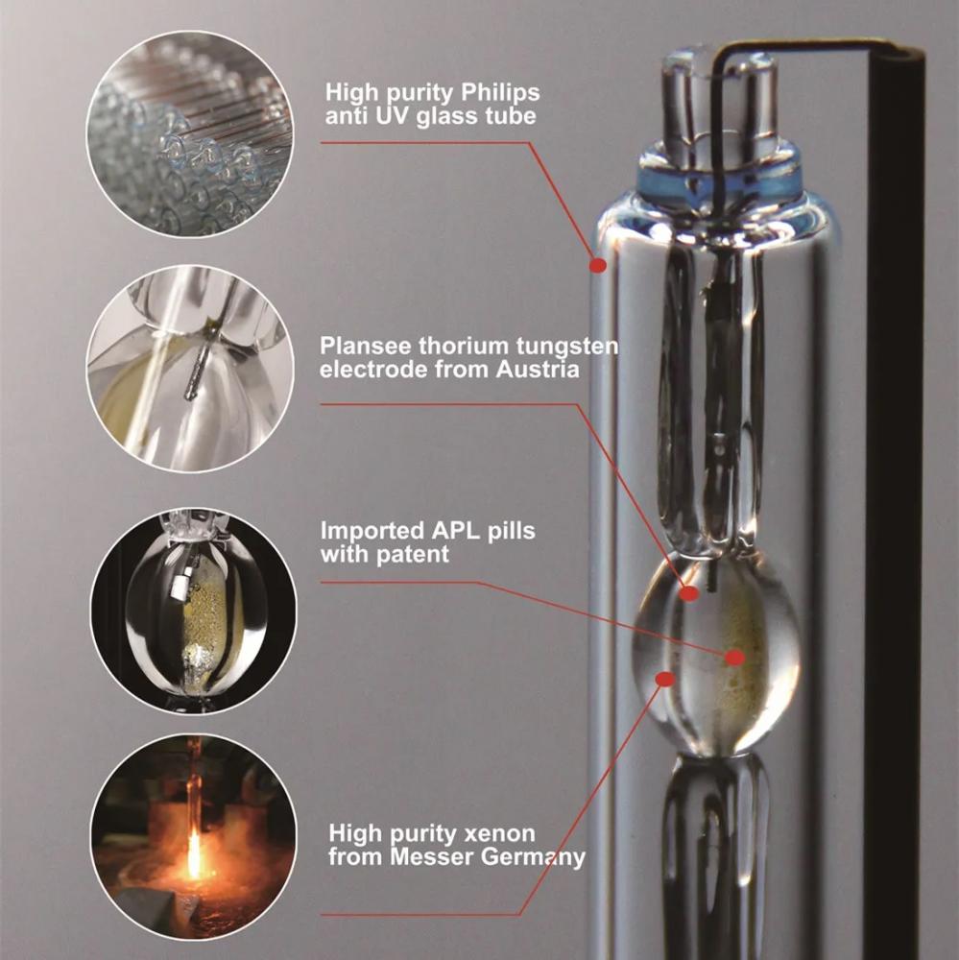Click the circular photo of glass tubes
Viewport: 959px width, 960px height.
tap(190, 134)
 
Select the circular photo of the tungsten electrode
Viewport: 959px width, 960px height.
tap(190, 369)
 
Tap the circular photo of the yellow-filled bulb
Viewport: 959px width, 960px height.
tap(194, 611)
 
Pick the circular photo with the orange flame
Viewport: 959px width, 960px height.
tap(194, 837)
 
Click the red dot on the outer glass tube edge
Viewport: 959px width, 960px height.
tap(598, 265)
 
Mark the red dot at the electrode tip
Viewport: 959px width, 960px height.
tap(689, 592)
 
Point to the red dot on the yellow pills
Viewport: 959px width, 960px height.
tap(735, 658)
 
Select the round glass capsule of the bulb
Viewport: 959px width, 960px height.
tap(715, 653)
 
